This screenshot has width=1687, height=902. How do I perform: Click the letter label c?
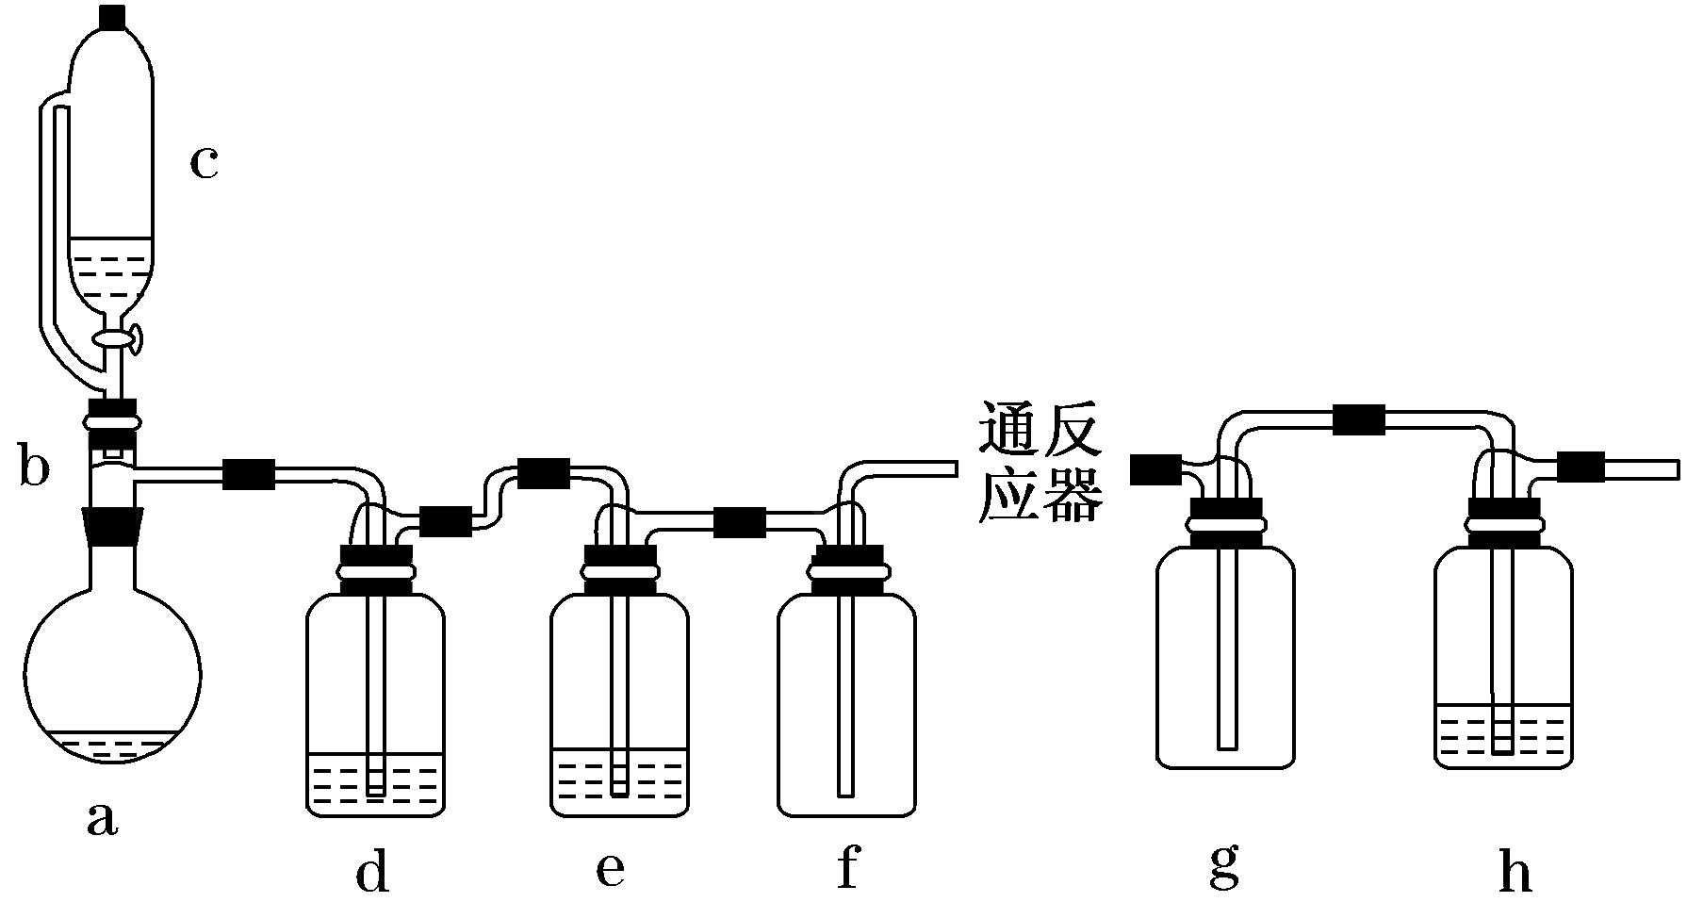(204, 162)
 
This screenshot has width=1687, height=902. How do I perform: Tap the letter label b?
(34, 468)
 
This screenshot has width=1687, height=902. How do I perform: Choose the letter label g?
(1224, 869)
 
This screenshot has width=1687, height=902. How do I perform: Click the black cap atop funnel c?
(112, 16)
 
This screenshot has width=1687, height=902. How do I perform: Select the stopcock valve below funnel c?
(116, 336)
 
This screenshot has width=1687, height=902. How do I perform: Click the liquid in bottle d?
(375, 782)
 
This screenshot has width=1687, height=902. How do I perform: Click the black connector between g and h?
(1359, 418)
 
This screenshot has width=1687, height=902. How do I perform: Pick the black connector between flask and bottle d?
(249, 473)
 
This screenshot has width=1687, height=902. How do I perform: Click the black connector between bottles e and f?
(739, 521)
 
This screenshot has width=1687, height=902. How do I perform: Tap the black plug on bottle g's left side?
(1155, 468)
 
